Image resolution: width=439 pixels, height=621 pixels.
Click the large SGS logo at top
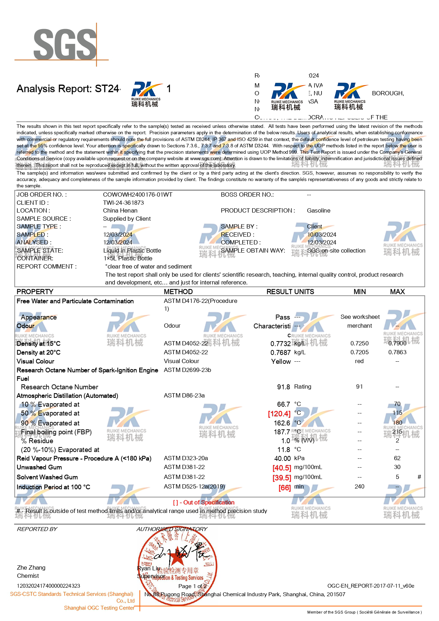[x=65, y=44]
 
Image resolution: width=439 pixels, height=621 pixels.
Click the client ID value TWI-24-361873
[x=123, y=203]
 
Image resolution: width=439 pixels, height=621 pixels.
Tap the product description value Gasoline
[x=319, y=210]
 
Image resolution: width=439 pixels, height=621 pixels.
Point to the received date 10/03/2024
[x=322, y=235]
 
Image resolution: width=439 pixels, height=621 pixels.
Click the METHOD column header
[x=178, y=292]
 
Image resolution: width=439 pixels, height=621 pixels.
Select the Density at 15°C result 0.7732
[x=280, y=344]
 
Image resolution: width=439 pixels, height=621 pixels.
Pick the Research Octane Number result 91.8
[x=283, y=387]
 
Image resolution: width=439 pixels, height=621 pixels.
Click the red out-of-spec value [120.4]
[x=279, y=413]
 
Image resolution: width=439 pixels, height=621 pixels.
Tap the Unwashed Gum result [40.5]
[x=281, y=468]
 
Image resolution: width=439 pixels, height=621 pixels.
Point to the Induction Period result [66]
[x=284, y=487]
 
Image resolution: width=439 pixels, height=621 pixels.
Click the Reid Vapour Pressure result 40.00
[x=282, y=458]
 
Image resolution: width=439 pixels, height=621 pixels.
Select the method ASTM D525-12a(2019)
[x=194, y=486]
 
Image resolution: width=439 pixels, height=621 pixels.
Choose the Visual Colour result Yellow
[x=281, y=361]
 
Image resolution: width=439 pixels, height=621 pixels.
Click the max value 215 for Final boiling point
[x=397, y=431]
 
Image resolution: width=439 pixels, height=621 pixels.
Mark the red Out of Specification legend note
[x=204, y=502]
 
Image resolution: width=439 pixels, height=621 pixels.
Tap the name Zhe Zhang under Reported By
[x=31, y=568]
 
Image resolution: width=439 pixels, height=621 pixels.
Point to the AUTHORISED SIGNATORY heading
[x=172, y=529]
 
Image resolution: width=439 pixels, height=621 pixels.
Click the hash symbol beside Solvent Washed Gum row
[x=419, y=477]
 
